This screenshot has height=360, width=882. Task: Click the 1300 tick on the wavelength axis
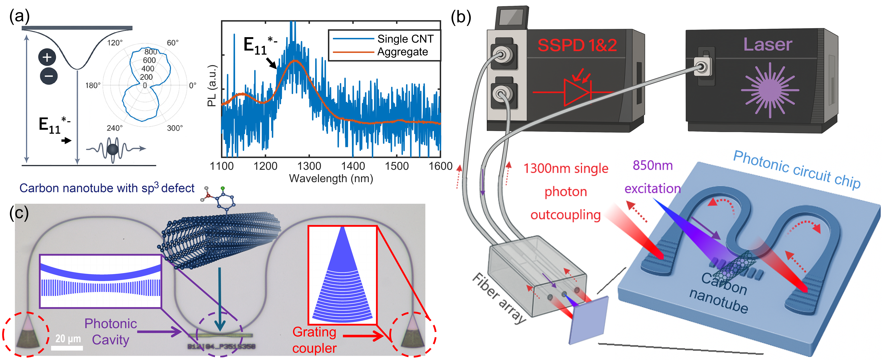[309, 166]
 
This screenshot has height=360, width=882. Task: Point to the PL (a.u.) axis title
[212, 86]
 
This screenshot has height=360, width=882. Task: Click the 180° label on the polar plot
[93, 85]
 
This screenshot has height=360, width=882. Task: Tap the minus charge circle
[49, 76]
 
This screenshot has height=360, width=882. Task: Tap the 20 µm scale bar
[67, 348]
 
